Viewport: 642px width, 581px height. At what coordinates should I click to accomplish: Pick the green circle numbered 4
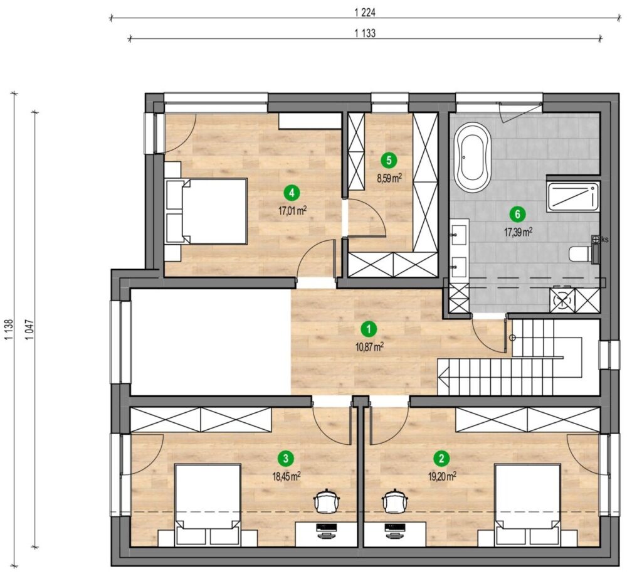292,193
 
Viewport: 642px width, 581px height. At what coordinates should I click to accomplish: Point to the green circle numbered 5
389,160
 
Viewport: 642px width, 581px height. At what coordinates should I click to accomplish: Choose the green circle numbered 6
517,214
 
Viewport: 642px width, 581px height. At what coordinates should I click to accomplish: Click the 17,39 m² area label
518,232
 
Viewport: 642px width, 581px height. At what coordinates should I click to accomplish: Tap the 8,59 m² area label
389,178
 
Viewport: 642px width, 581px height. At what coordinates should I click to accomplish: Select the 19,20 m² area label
442,476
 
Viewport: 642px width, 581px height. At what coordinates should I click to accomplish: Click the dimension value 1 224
365,13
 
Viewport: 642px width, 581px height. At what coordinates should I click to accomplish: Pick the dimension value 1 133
365,33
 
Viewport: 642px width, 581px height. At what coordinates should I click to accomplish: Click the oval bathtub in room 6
473,157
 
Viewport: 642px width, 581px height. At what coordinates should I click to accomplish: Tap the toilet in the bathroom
581,253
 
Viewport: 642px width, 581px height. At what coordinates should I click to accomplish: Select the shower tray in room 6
573,197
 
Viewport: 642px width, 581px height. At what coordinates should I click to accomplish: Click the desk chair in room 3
326,501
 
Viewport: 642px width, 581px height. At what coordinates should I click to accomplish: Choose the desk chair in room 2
395,501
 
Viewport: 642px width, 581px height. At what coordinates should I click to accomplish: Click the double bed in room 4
206,211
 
